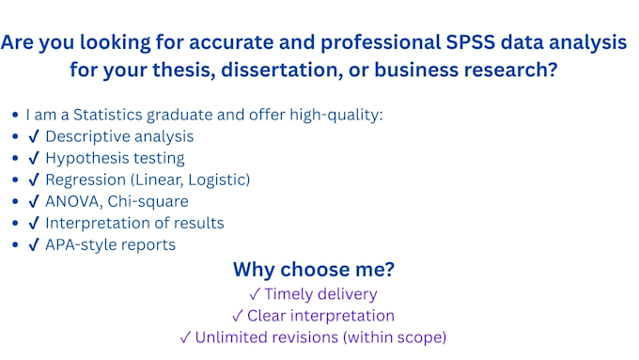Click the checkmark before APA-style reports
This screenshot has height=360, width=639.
34,245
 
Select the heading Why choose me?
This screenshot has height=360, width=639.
314,270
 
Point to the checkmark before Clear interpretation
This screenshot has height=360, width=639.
238,316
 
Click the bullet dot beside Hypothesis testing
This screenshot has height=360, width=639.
14,158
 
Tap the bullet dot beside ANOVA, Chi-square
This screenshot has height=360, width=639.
14,201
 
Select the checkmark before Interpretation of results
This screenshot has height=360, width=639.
34,224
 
